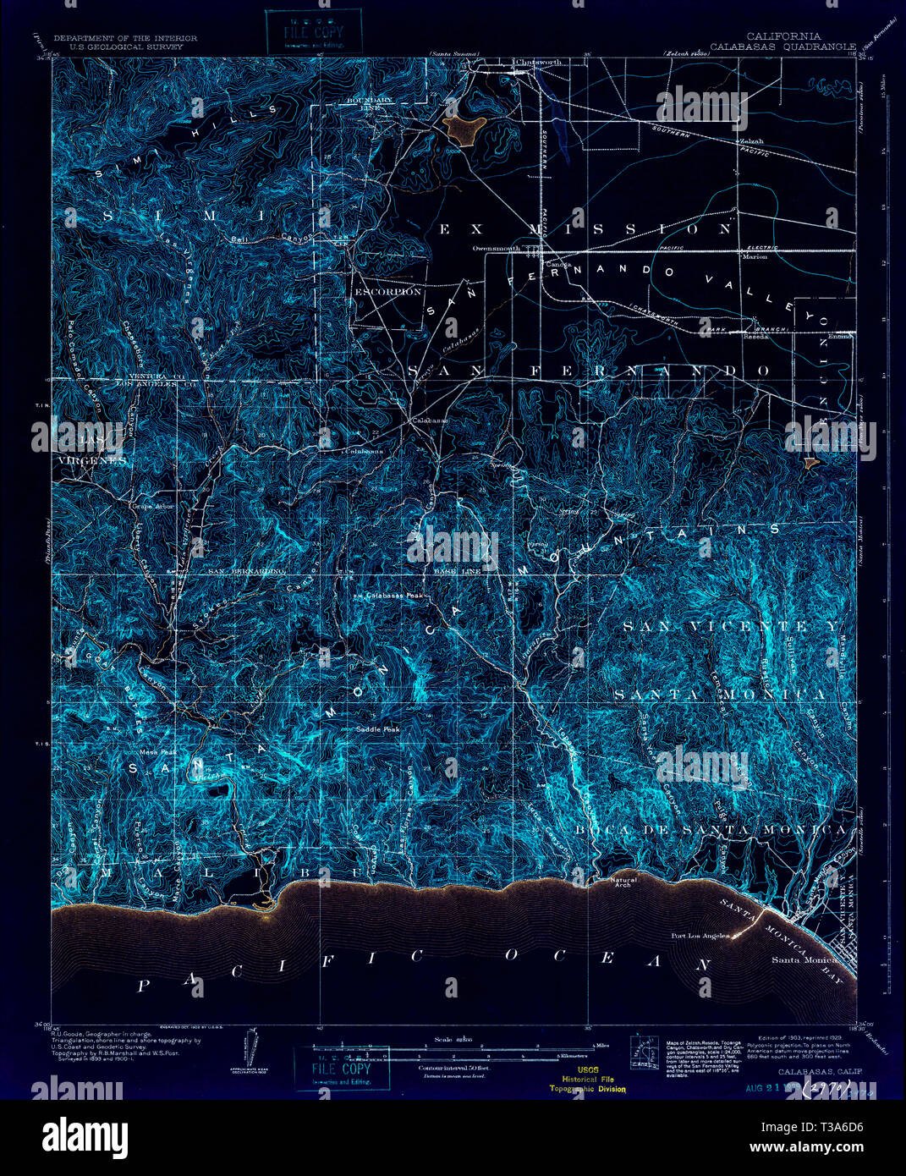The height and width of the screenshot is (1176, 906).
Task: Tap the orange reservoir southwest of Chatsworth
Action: tap(465, 128)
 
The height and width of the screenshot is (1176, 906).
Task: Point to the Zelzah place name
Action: tap(750, 141)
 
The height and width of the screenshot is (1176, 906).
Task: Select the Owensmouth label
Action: tap(495, 249)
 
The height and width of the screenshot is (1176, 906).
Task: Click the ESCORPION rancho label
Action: tap(387, 292)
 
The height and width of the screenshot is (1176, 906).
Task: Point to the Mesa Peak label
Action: tap(158, 751)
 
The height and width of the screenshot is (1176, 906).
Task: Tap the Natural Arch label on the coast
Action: tap(624, 883)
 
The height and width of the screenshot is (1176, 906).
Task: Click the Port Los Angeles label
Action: tap(699, 936)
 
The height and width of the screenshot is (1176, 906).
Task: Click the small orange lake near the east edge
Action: tap(810, 463)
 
